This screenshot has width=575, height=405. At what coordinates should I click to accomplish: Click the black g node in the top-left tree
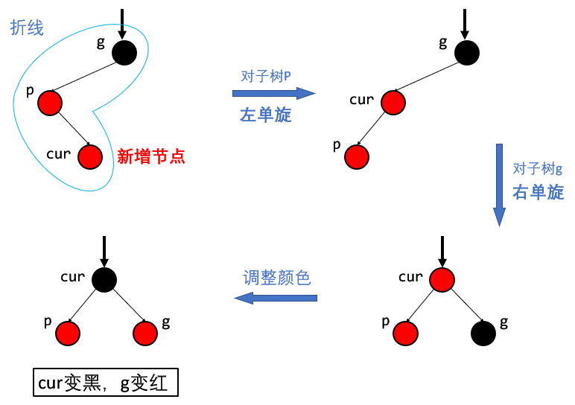tap(124, 52)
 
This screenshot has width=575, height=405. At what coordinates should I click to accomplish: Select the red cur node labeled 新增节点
tap(90, 156)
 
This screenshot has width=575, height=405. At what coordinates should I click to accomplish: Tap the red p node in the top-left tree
tap(49, 102)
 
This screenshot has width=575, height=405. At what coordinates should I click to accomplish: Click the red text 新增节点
tap(151, 156)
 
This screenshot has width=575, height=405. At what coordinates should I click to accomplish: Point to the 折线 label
tap(27, 28)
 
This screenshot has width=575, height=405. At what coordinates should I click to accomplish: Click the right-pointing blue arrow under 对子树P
tap(274, 94)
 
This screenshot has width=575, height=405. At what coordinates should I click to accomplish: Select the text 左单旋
tap(265, 115)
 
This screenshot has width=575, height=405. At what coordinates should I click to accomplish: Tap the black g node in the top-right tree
tap(467, 52)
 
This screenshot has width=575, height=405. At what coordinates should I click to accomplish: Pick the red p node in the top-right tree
tap(357, 156)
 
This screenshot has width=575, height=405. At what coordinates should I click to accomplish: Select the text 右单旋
tap(538, 192)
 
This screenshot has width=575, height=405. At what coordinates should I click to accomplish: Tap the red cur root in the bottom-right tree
tap(442, 279)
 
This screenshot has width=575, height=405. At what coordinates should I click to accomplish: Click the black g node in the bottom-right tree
tap(483, 334)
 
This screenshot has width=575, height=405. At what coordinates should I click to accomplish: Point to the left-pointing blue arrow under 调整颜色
tap(276, 298)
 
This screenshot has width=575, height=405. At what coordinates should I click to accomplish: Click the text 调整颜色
tap(276, 278)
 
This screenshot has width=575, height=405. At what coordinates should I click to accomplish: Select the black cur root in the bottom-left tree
tap(104, 279)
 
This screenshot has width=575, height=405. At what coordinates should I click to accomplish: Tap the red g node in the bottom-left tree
tap(145, 334)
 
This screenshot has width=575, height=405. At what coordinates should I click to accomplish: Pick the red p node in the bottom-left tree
tap(68, 334)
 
